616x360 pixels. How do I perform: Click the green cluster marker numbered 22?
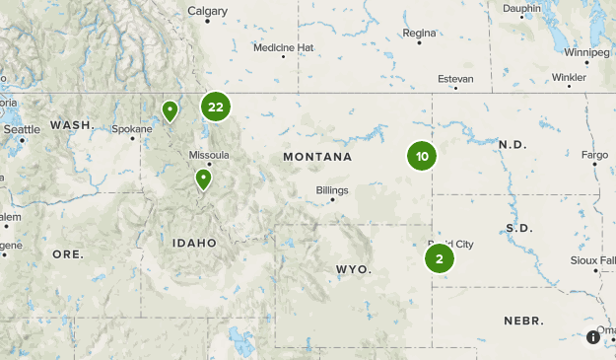pos(216,107)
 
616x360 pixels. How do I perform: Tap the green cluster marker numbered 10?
pos(422,156)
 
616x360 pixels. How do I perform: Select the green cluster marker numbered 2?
pos(440,258)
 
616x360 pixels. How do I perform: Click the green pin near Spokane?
pos(171,109)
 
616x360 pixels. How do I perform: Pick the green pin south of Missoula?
pos(203,179)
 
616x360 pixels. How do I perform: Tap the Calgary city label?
pos(207,12)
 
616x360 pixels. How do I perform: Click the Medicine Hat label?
pos(283,47)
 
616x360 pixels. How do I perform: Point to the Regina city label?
pos(419,33)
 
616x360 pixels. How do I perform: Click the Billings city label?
pos(332,190)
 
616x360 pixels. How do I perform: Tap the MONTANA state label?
pos(317,157)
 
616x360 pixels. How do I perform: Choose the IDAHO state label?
pos(194,243)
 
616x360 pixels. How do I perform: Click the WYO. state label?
pos(353,268)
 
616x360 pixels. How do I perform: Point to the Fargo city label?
pos(595,155)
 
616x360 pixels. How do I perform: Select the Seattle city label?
pos(22,129)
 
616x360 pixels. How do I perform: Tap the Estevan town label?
pos(456,78)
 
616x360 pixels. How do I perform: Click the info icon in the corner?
pos(593,337)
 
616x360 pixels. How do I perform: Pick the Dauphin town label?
pos(521,9)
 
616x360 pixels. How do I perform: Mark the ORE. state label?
pos(68,253)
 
